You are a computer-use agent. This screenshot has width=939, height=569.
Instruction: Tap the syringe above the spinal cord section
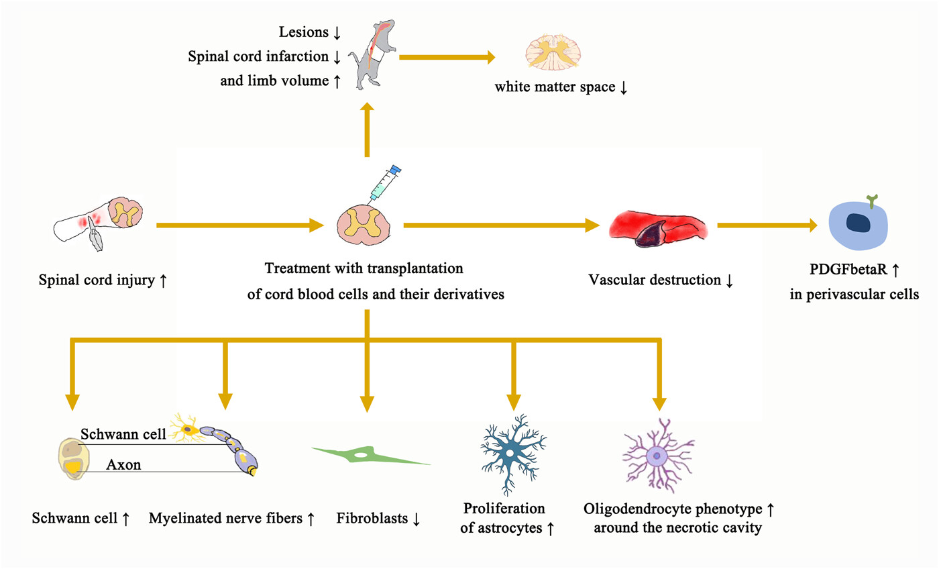384,184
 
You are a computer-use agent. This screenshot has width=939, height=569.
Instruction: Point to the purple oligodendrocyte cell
658,456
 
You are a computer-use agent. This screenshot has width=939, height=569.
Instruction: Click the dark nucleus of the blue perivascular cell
858,223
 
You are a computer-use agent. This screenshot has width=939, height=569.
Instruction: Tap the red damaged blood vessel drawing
658,229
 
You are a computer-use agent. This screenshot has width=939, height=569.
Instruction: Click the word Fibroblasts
372,518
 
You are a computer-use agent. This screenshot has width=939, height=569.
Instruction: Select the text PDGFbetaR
848,269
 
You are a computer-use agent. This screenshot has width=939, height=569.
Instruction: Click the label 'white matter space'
555,87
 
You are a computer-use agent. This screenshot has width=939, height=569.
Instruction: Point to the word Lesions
303,32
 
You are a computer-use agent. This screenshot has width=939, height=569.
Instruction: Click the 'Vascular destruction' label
655,280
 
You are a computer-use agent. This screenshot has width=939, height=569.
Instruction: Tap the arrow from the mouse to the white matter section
447,57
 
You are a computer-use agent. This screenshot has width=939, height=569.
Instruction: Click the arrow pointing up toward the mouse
368,130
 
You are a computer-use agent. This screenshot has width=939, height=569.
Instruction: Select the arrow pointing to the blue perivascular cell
767,225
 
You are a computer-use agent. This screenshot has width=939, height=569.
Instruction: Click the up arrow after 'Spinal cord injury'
163,280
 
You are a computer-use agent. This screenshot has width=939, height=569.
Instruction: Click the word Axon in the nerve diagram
123,464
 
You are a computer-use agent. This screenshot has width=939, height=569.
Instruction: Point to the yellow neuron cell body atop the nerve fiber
188,429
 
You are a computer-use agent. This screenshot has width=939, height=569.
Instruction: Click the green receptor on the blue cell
872,201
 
